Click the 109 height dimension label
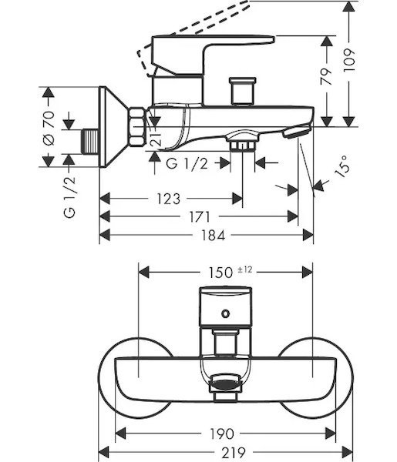pyautogui.click(x=349, y=60)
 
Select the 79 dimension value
pyautogui.click(x=327, y=76)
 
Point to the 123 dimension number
pyautogui.click(x=168, y=199)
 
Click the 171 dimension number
pyautogui.click(x=200, y=217)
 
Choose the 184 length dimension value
pyautogui.click(x=213, y=236)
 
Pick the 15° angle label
pyautogui.click(x=342, y=166)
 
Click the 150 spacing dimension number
pyautogui.click(x=220, y=273)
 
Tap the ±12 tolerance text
pyautogui.click(x=245, y=269)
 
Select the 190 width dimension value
pyautogui.click(x=222, y=434)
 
